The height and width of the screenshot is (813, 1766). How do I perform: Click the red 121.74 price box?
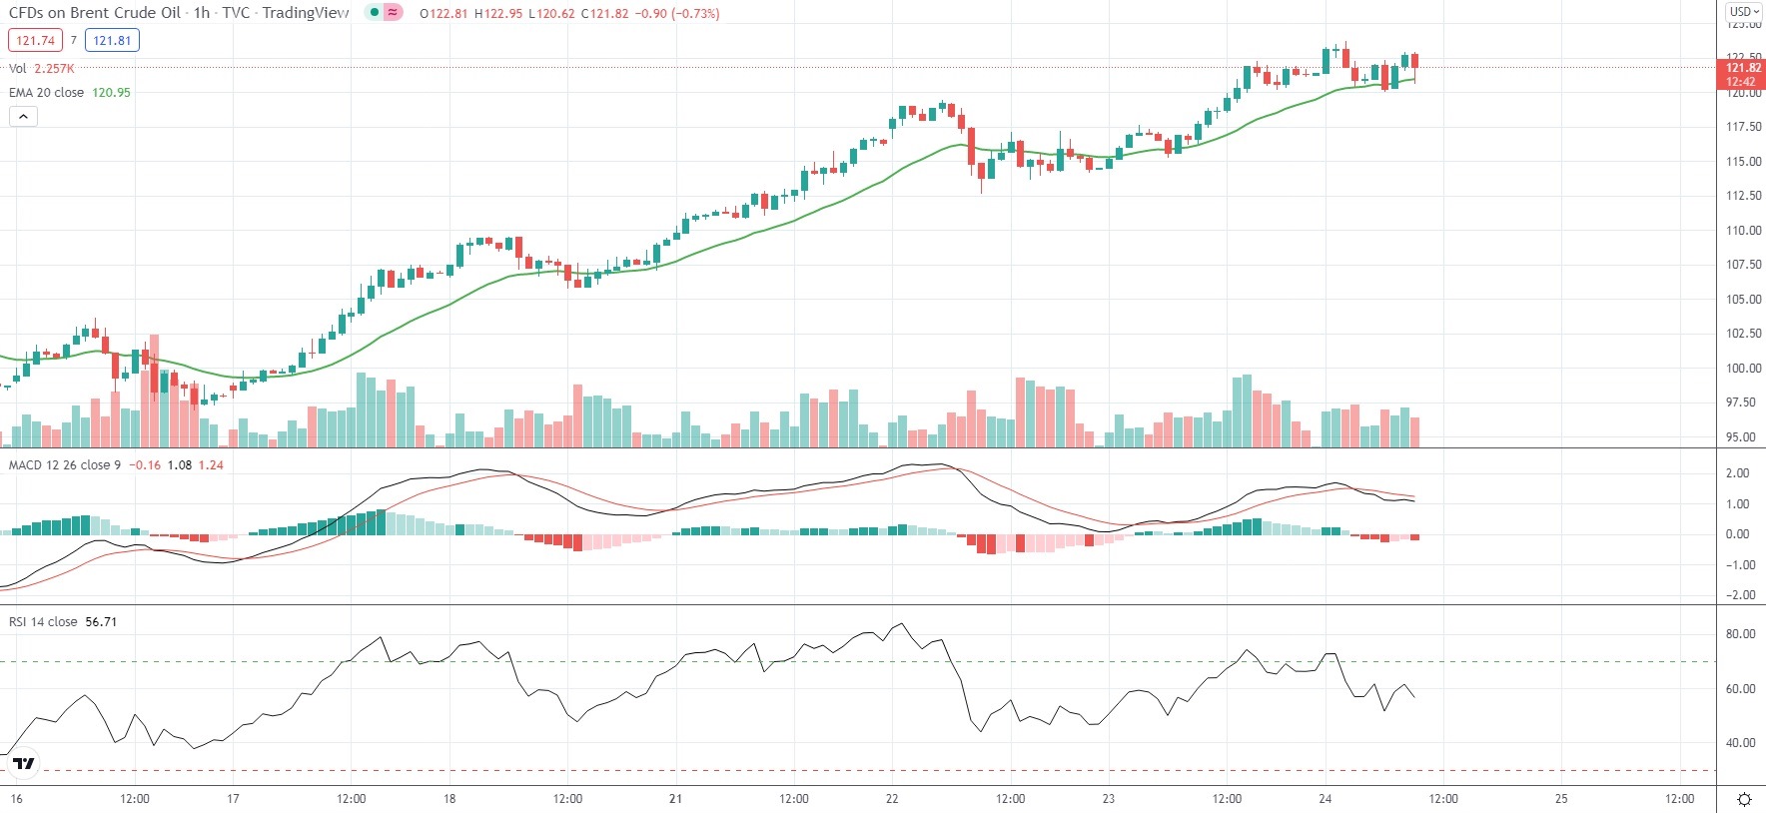[x=35, y=41]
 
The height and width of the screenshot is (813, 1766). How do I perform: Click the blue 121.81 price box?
[x=112, y=41]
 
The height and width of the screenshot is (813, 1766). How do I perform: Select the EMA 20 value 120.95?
[x=111, y=93]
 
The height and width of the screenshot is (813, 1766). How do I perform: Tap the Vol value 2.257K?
[x=54, y=69]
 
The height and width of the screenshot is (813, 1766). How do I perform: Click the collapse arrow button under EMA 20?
[x=23, y=117]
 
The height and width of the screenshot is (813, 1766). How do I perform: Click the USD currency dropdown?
[x=1744, y=12]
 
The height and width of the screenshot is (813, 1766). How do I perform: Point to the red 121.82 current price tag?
[x=1742, y=68]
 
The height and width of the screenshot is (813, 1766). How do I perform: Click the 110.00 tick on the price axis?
[x=1743, y=230]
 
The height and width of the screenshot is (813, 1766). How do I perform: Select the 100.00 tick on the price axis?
[x=1743, y=368]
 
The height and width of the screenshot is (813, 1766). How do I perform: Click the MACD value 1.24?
[x=211, y=465]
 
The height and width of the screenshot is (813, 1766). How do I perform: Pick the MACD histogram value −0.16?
[x=145, y=465]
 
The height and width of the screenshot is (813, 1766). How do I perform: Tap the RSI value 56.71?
[x=101, y=622]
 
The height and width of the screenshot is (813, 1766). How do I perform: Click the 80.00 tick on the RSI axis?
[x=1740, y=634]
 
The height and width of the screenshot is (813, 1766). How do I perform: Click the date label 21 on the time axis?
[x=676, y=799]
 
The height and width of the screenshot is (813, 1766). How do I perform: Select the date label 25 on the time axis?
[x=1561, y=799]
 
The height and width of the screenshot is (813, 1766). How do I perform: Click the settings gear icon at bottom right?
[x=1744, y=799]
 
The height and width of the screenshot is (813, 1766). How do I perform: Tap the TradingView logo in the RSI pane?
[x=23, y=764]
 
